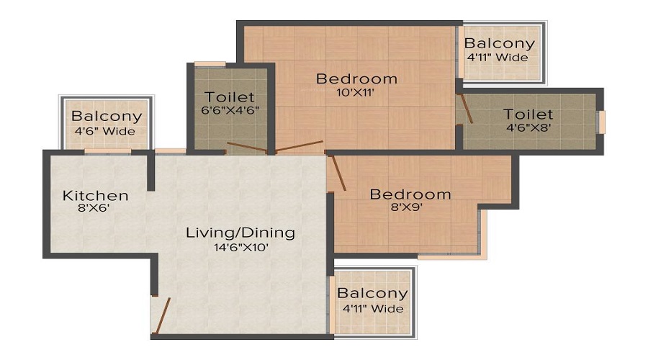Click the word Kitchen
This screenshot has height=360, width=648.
95,195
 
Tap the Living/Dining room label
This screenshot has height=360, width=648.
240,233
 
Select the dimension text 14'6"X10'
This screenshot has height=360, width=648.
240,247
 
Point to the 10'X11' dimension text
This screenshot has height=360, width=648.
356,92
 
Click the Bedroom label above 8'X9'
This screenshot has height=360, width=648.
410,194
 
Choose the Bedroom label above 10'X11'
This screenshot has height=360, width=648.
356,78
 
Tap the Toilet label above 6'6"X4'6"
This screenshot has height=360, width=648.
230,96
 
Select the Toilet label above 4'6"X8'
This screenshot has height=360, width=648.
528,114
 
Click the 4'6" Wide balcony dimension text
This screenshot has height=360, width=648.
106,131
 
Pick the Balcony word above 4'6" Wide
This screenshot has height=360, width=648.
106,117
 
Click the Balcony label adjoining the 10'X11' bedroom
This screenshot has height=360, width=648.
499,43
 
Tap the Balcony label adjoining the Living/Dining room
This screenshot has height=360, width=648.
372,294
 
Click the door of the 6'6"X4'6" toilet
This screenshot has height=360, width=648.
245,150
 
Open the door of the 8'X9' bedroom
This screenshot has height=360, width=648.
337,172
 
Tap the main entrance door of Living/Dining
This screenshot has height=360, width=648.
163,317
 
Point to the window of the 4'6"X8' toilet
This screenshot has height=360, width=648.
602,122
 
